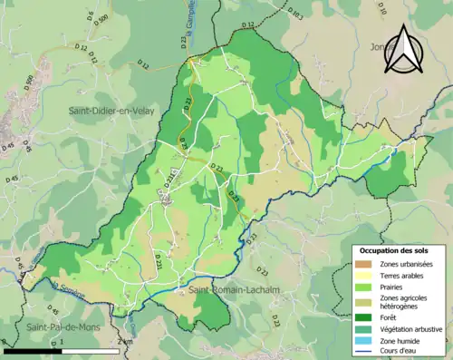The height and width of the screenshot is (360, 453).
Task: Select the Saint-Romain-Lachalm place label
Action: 226,290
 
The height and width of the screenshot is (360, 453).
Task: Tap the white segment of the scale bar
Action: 91,350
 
